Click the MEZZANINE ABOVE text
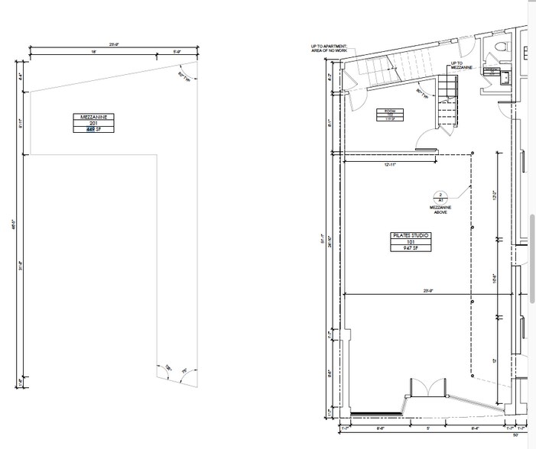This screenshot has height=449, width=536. (440, 211)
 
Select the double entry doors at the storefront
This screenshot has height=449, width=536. (427, 387)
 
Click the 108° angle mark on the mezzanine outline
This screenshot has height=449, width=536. (167, 369)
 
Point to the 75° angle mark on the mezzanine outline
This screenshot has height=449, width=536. (183, 373)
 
